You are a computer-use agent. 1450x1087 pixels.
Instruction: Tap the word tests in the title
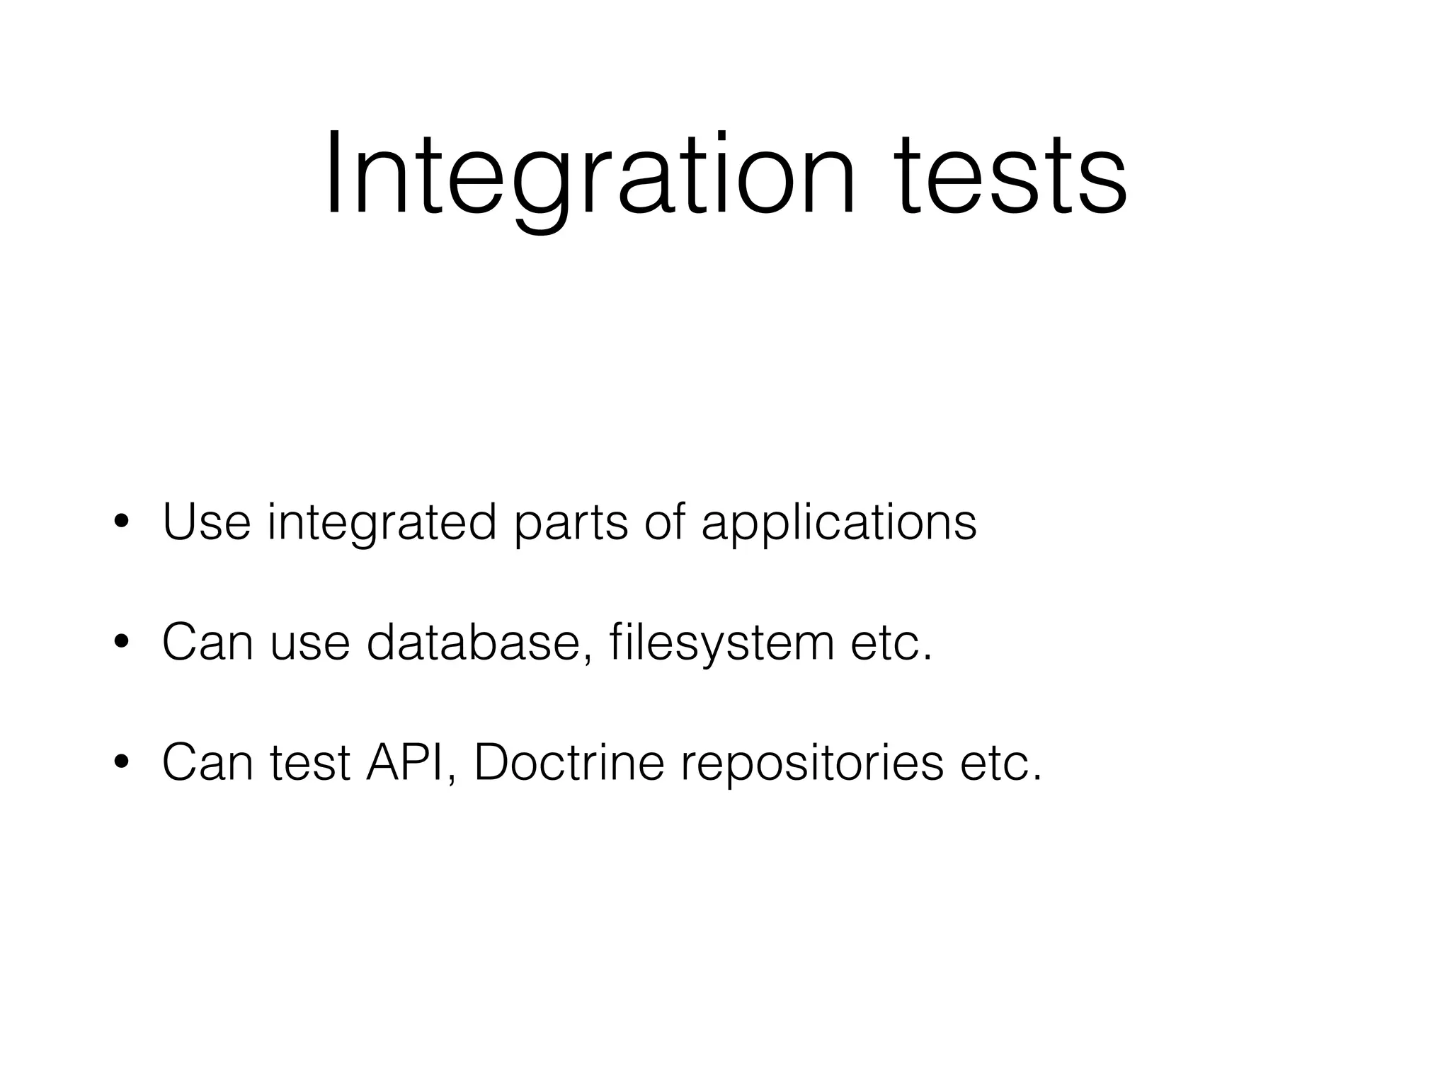tap(1012, 176)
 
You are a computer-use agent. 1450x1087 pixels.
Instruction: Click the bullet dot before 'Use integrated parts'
tap(121, 523)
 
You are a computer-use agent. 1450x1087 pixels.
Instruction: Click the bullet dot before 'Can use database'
tap(121, 643)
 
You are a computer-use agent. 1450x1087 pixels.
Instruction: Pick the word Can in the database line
tap(207, 643)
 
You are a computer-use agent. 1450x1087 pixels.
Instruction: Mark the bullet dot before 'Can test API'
tap(121, 763)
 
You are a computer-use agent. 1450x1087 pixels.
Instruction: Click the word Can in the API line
tap(207, 762)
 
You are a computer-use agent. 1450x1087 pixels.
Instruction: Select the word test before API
tap(310, 763)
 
